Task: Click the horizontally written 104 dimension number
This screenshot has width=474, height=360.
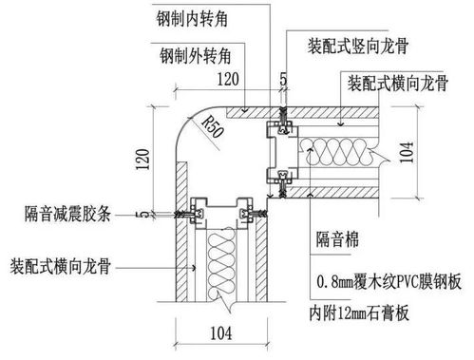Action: click(219, 332)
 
